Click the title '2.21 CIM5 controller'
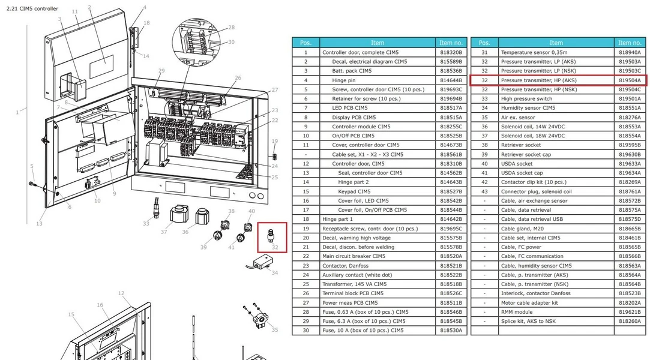pos(32,8)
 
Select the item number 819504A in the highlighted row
pos(630,80)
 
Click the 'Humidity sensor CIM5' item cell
pos(556,108)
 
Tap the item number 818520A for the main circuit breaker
pos(451,256)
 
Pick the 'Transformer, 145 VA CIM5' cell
pos(378,284)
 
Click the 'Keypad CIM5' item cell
pos(378,191)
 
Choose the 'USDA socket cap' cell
pos(556,173)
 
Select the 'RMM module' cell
pos(556,312)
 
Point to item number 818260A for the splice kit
pos(630,321)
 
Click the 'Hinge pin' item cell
pos(378,80)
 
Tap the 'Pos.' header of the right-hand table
pos(484,43)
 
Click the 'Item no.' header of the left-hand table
pos(451,43)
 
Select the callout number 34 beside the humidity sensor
pos(275,272)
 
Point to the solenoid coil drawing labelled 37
pos(179,215)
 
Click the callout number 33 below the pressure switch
pos(146,223)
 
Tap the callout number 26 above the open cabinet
pos(238,77)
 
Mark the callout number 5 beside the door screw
pos(32,166)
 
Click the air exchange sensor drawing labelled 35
pos(256,317)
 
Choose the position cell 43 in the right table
pos(484,191)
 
